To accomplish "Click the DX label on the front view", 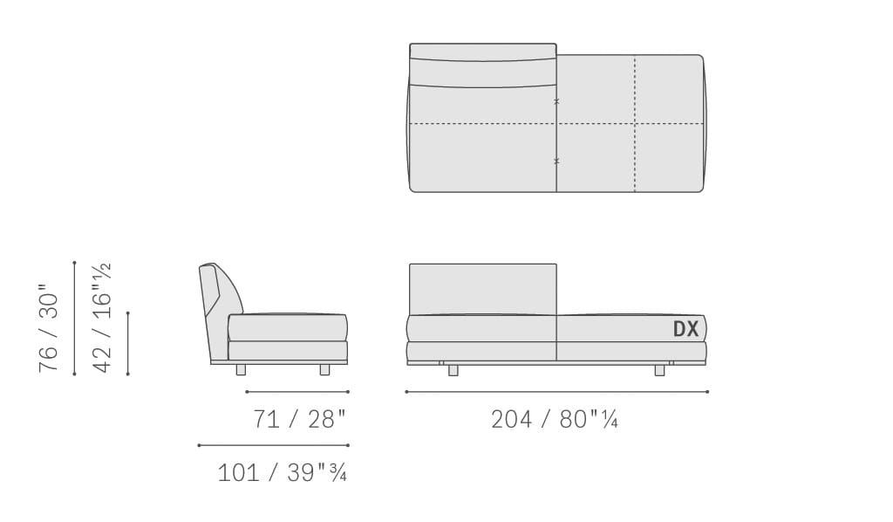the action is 685,329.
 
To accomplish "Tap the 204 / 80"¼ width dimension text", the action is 554,420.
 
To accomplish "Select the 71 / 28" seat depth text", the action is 299,420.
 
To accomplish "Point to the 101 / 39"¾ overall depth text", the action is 282,472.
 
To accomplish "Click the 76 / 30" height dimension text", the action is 49,328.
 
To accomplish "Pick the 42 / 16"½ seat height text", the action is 103,318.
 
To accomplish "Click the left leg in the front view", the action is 453,370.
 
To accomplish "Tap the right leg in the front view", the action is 659,370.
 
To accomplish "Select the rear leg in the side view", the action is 241,370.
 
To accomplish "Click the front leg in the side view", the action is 324,370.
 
